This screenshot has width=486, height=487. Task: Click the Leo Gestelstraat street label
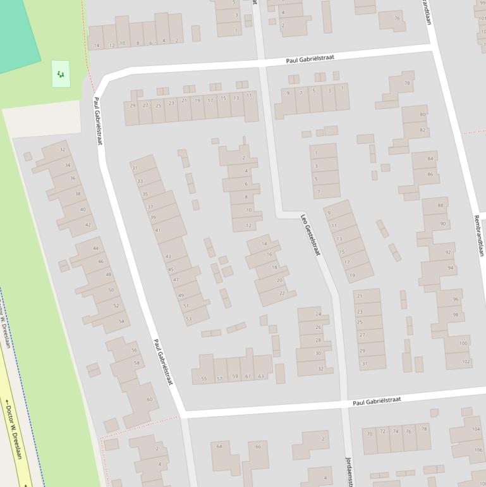(310, 235)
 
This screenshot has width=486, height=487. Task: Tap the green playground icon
(60, 74)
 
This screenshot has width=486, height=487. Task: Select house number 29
(133, 106)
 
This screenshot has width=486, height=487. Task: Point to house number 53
(188, 319)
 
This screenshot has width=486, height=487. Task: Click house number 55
(204, 379)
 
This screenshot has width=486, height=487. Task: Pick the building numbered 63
(261, 376)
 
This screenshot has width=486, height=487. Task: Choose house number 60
(150, 399)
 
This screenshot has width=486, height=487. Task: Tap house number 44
(95, 248)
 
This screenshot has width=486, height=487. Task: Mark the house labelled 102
(466, 362)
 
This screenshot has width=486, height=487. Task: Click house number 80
(423, 114)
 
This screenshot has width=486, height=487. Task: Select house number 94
(451, 268)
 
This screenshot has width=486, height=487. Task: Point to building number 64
(219, 447)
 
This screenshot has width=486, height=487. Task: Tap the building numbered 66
(258, 447)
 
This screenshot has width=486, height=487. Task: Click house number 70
(370, 433)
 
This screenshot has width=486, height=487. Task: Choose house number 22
(282, 293)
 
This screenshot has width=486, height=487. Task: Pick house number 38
(78, 194)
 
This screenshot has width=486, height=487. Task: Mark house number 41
(157, 230)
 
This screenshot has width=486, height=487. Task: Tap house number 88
(440, 206)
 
